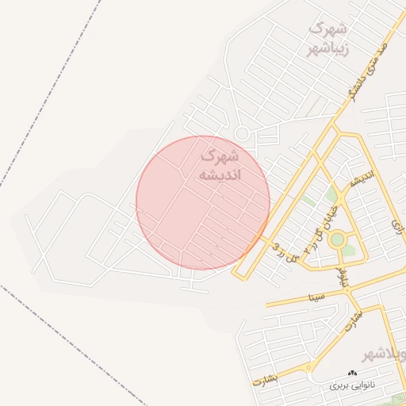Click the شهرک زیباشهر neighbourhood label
pos(327,38)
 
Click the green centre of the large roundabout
pos(337,239)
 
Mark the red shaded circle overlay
pos(203,203)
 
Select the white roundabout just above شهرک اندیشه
pos(242,134)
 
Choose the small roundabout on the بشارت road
pos(308,366)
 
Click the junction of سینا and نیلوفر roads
pos(348,292)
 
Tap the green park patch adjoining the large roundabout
pos(331,195)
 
